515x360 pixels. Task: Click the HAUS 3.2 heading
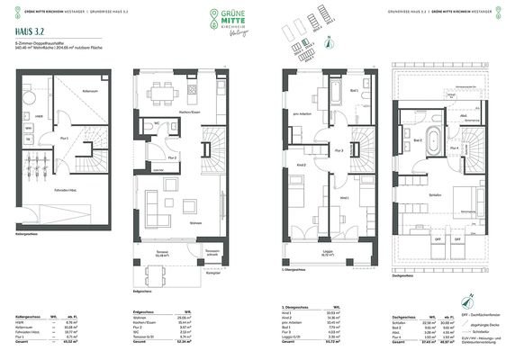pyautogui.click(x=21, y=33)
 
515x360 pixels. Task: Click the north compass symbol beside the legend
pyautogui.click(x=330, y=38)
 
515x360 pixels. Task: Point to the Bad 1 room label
pyautogui.click(x=354, y=91)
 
